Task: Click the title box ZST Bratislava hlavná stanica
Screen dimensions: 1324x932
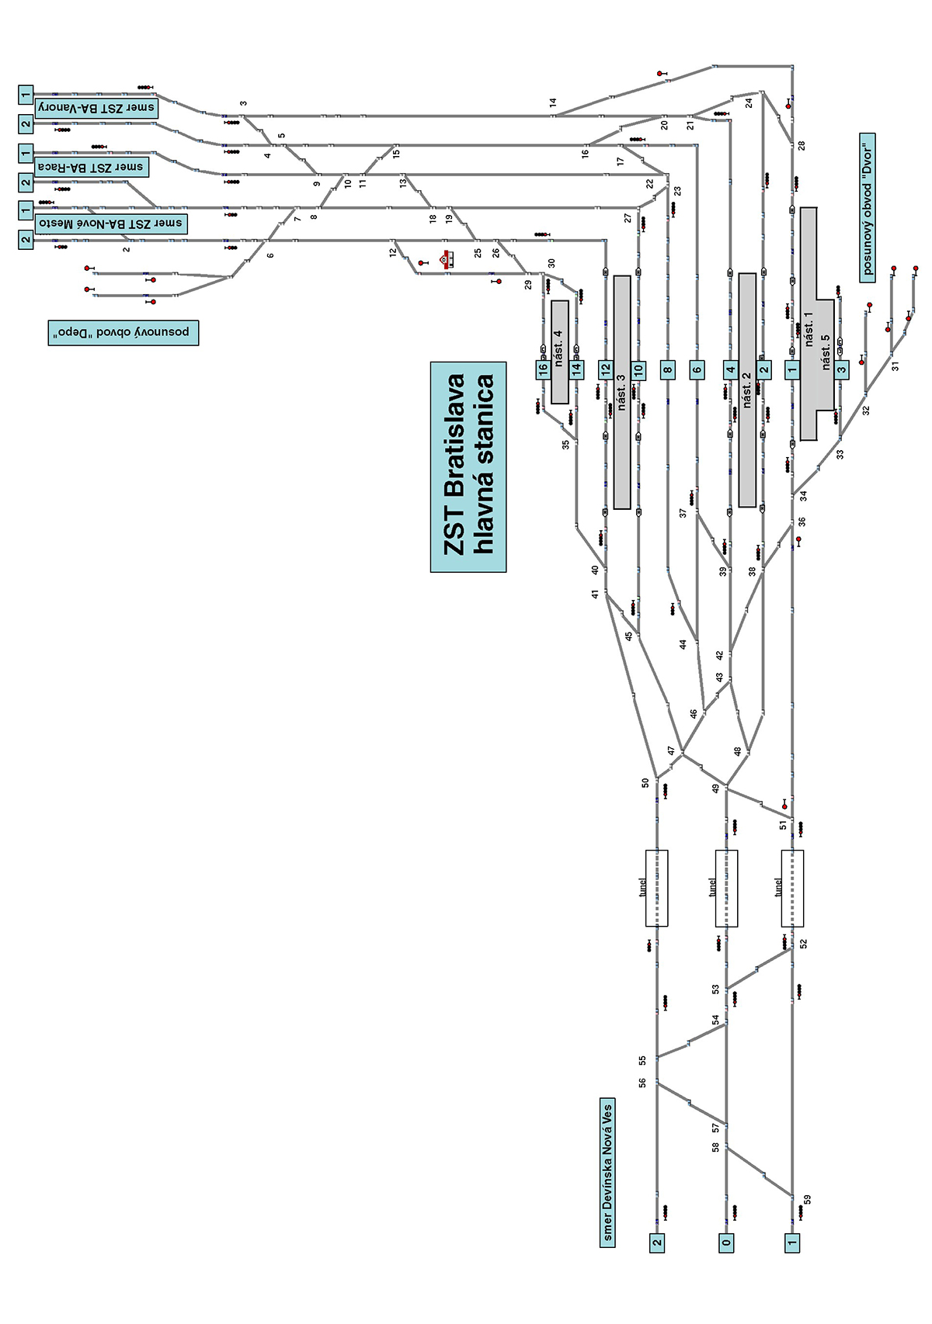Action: click(468, 466)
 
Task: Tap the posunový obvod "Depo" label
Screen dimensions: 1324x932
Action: click(123, 332)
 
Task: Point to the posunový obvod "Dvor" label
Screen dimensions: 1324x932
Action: click(868, 206)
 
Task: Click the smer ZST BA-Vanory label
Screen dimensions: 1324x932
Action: click(96, 108)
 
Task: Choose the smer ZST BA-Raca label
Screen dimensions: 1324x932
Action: click(91, 167)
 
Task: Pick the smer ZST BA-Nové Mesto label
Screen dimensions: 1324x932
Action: click(110, 224)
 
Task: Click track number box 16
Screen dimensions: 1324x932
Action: click(543, 370)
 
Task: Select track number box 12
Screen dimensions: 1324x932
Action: click(605, 370)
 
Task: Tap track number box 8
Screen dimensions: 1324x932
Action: click(668, 370)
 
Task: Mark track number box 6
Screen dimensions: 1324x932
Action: click(697, 370)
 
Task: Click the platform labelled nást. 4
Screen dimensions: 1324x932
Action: click(559, 352)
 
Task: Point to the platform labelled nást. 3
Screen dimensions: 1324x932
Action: click(621, 392)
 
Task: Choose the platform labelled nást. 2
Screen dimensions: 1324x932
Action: click(747, 390)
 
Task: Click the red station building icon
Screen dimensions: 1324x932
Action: click(447, 259)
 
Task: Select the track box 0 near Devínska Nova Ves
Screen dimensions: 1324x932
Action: click(726, 1243)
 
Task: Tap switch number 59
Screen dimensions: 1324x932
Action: click(808, 1199)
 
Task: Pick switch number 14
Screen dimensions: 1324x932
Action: click(553, 102)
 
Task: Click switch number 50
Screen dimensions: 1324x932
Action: click(645, 783)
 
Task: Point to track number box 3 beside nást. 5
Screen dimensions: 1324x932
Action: click(842, 370)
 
